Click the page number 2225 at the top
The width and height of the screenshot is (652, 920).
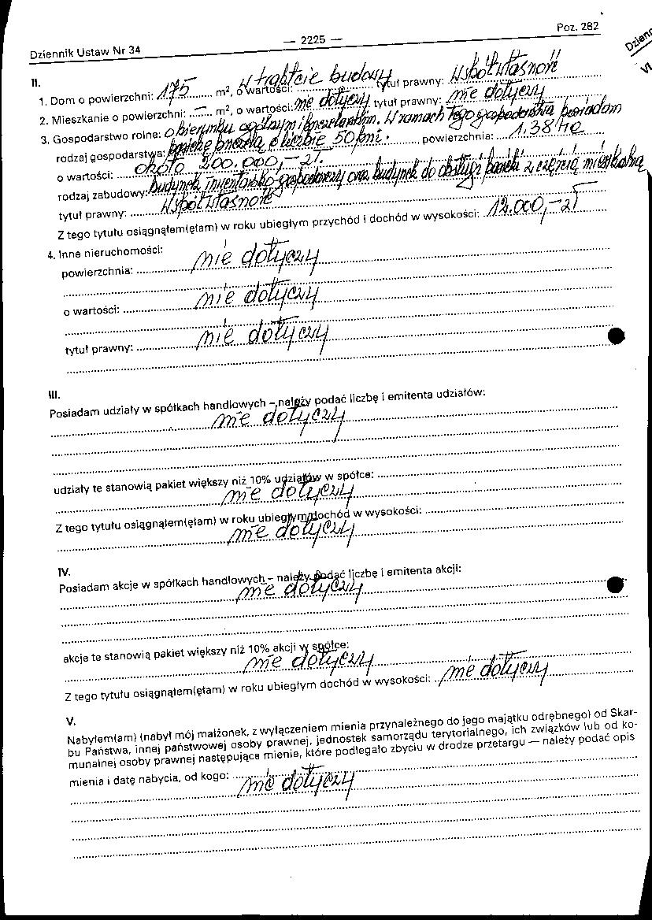pos(313,40)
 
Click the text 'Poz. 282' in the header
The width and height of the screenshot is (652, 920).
pos(577,26)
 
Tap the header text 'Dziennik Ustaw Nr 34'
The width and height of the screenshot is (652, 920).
pos(84,52)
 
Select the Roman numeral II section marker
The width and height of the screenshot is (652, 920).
pos(35,82)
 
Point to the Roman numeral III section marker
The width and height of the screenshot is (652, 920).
pos(54,395)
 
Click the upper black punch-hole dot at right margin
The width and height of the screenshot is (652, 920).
pos(617,336)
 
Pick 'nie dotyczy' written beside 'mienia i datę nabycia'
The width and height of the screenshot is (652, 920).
pos(296,782)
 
